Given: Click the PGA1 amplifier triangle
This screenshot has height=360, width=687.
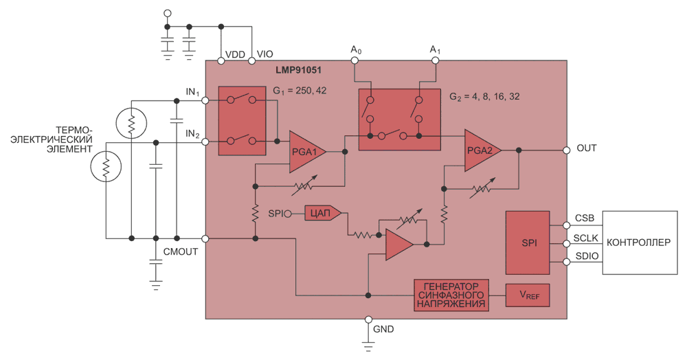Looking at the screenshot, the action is [x=305, y=152].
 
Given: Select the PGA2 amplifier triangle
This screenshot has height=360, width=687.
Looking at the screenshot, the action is [x=481, y=150].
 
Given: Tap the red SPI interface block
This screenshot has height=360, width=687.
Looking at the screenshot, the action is [x=528, y=243].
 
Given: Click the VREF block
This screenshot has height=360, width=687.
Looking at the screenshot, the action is [x=528, y=295].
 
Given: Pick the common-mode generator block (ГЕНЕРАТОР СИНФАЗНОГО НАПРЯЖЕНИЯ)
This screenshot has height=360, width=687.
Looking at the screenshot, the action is [x=451, y=295].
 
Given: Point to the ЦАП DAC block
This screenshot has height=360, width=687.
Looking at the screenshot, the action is [x=323, y=213].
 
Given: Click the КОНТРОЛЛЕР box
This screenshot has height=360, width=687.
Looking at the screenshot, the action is [x=640, y=243].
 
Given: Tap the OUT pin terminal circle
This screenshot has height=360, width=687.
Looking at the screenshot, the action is [x=567, y=150].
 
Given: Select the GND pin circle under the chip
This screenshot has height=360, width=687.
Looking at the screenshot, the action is [x=368, y=319].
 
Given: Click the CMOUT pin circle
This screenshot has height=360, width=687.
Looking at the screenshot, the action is [x=205, y=238].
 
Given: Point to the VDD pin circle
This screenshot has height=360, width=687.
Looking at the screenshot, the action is [x=221, y=61].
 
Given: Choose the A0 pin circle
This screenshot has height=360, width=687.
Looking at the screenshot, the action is [x=354, y=60].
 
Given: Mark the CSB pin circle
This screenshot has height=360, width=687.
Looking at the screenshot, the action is [x=567, y=225].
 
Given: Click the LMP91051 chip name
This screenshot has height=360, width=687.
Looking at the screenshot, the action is [x=298, y=70].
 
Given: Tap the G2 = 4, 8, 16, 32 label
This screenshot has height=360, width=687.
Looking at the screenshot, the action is [x=484, y=97].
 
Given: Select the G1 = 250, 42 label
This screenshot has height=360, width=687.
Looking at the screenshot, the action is [x=300, y=91].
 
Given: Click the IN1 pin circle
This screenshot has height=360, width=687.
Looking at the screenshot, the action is [x=205, y=101].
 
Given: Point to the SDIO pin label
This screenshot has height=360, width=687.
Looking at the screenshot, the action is [x=587, y=256].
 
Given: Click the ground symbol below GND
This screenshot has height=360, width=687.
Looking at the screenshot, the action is [x=368, y=346].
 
